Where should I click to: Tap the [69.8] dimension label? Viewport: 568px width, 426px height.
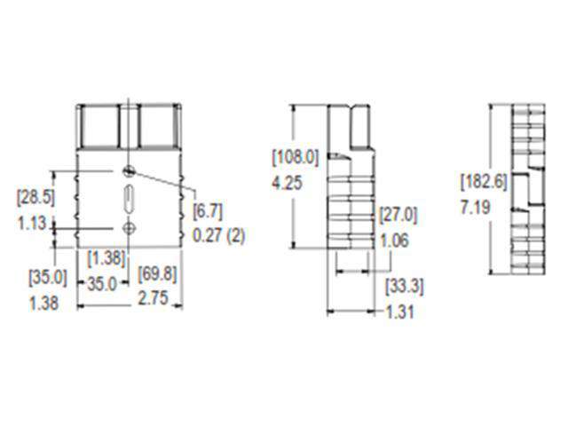click(x=157, y=274)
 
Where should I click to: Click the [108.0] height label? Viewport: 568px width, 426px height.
click(x=295, y=158)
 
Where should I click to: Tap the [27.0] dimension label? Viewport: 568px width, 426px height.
click(x=398, y=214)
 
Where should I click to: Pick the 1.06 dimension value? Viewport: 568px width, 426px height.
click(x=394, y=240)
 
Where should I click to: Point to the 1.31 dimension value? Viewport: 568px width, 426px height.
click(x=400, y=312)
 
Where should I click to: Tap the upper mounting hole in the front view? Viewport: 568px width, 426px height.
click(x=130, y=170)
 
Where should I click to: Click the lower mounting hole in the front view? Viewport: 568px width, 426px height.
click(x=130, y=229)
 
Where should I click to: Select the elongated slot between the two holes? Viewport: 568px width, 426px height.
click(x=130, y=199)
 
